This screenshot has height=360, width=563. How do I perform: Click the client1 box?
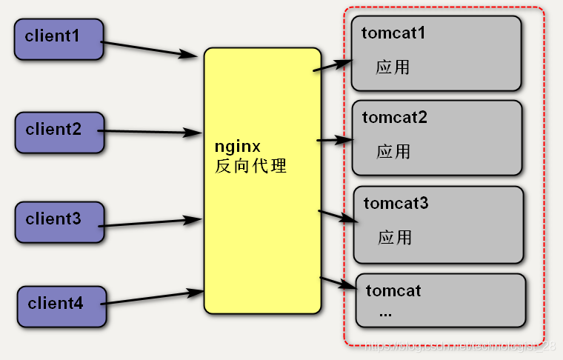59,39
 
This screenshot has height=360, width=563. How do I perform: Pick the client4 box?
61,305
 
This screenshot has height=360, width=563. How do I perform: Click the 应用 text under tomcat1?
393,67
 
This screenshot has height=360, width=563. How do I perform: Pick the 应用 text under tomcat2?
393,152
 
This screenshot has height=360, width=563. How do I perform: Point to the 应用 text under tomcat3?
395,238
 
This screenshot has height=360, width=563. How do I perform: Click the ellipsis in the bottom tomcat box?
385,313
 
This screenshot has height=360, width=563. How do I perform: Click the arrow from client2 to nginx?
153,133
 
